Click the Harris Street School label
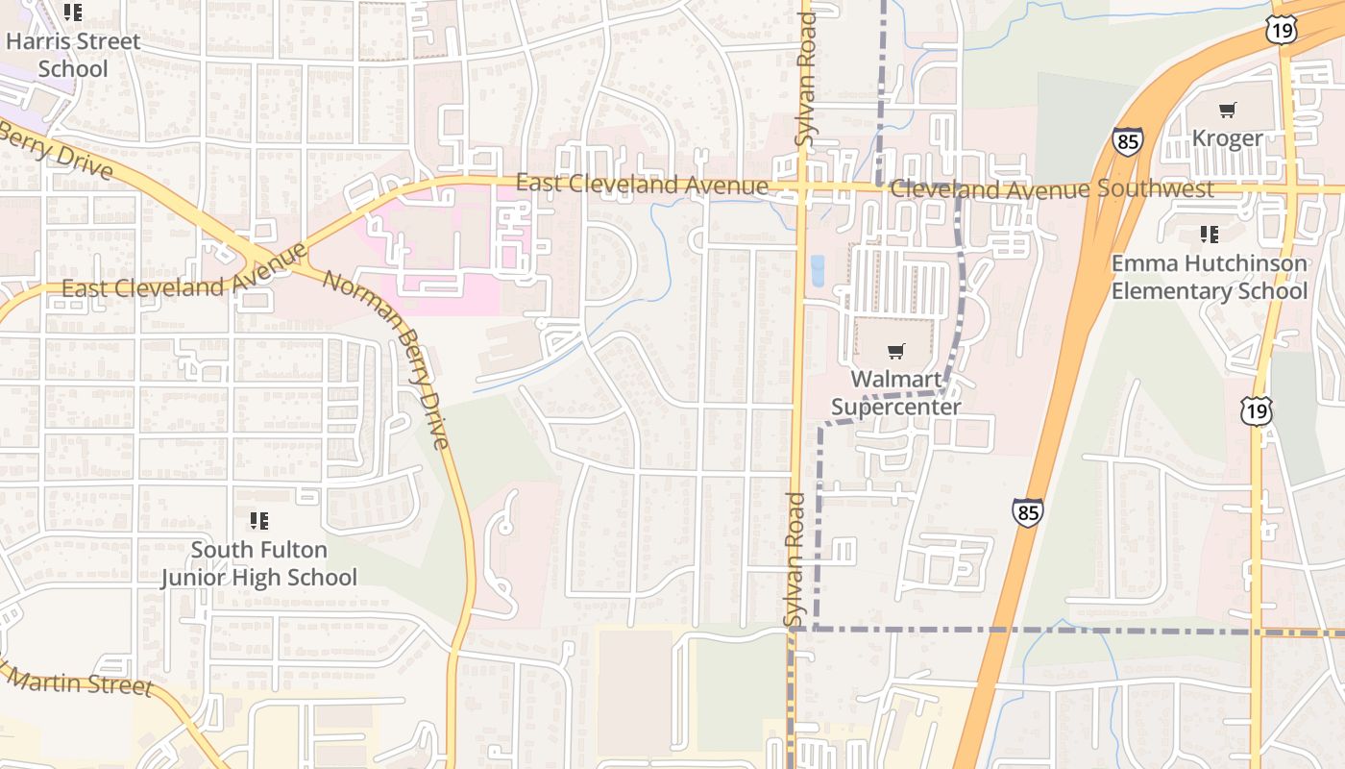pos(73,55)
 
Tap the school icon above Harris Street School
pos(73,13)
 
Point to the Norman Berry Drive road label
pos(385,360)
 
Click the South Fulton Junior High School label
pos(258,563)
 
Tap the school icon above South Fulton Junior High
pos(258,521)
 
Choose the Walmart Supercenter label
pos(895,393)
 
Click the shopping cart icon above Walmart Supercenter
pos(895,351)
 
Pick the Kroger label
pos(1227,138)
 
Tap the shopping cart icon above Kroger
pos(1227,110)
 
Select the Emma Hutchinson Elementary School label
pos(1209,277)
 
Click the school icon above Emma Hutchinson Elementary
pos(1209,234)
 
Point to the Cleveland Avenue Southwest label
pos(1052,189)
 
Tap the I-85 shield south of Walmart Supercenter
pos(1027,511)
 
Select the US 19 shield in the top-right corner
pos(1282,30)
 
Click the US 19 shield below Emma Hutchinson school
pos(1256,411)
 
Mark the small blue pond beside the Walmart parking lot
pos(818,271)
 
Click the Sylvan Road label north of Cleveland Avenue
pos(805,80)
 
